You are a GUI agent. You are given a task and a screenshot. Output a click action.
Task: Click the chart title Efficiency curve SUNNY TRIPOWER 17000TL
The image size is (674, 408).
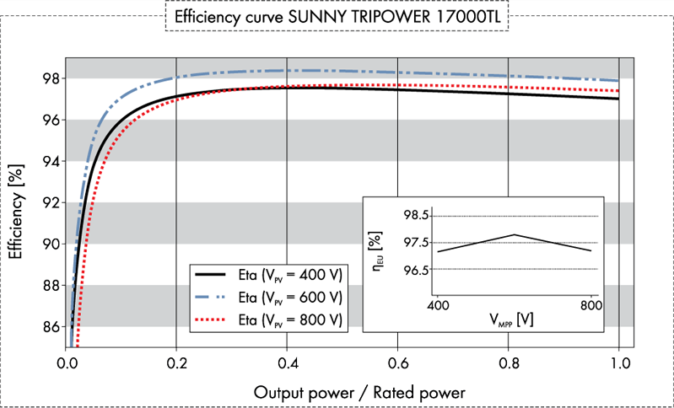click(337, 17)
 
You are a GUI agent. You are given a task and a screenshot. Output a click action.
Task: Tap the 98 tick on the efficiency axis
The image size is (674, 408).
click(50, 78)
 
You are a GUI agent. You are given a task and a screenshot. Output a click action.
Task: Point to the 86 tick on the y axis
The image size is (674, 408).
click(50, 326)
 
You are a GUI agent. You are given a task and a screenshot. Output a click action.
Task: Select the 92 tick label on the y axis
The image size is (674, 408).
click(50, 202)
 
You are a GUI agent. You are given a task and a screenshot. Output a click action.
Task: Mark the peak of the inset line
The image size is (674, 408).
click(515, 234)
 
